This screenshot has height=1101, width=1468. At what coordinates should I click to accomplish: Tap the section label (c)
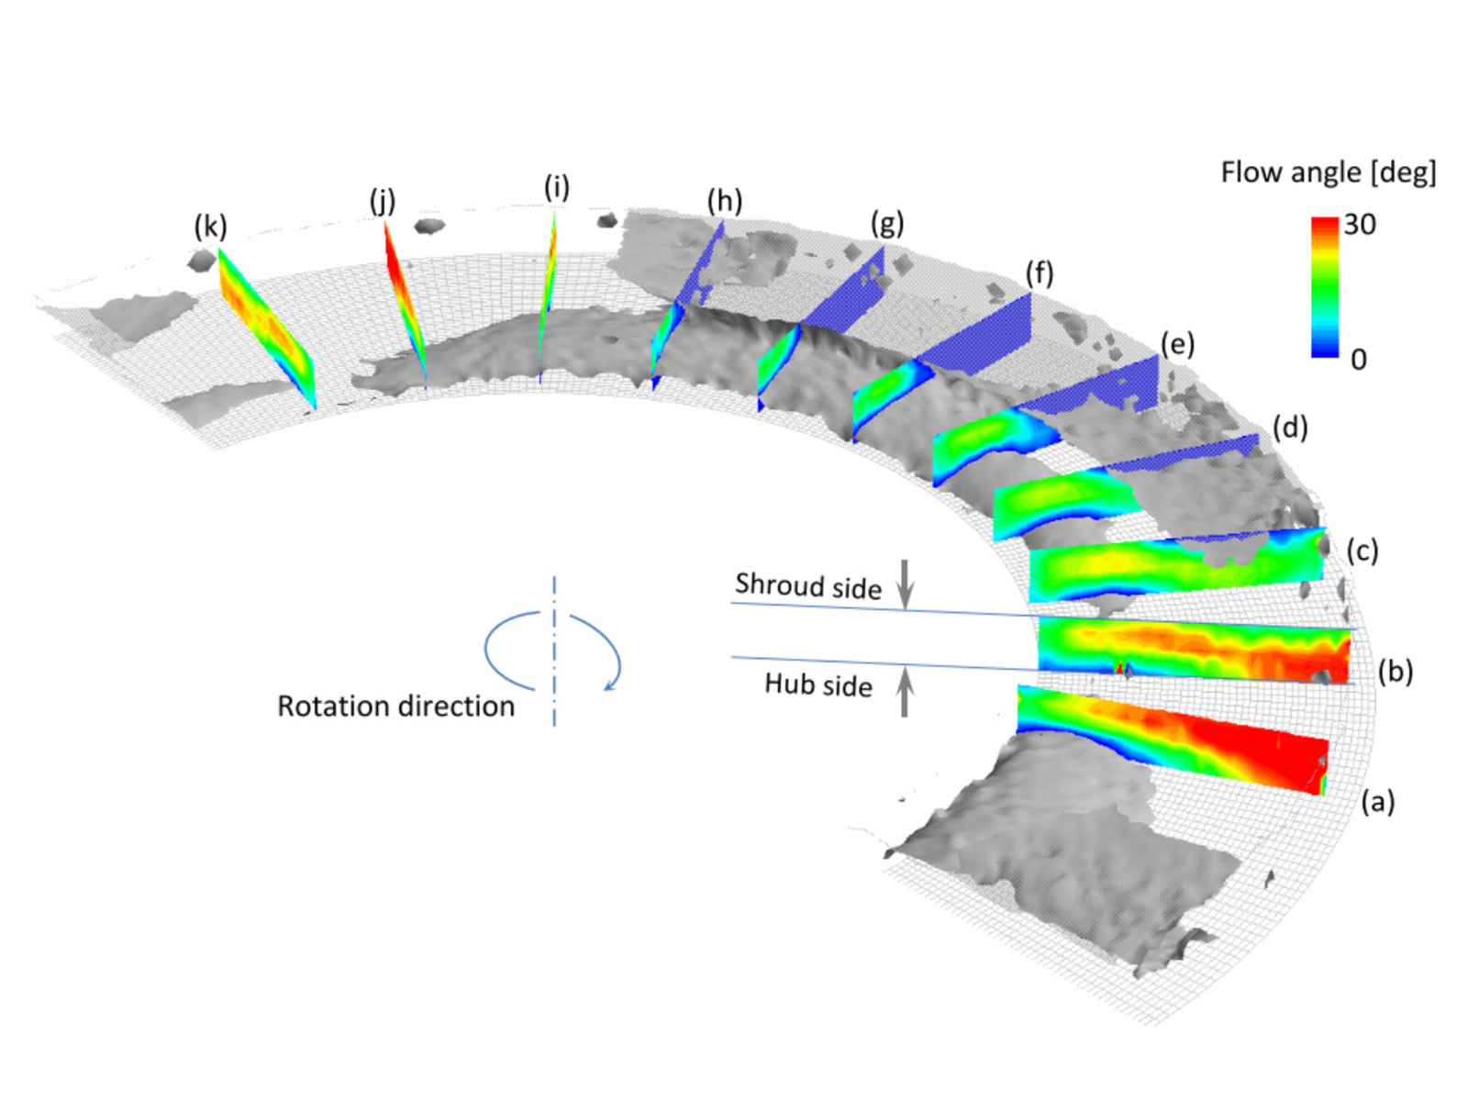point(1362,550)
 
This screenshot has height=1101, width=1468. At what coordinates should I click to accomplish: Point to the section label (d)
point(1290,427)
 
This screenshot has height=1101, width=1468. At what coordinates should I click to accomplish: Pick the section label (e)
point(1177,344)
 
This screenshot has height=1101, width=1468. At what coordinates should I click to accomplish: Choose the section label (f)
point(1040,272)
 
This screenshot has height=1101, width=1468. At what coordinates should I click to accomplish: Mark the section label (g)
point(887,222)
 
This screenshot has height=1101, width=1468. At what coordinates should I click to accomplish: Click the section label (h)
point(724,200)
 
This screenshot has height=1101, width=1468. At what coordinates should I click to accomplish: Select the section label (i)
point(556,187)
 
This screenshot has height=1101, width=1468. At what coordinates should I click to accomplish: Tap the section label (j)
point(383,200)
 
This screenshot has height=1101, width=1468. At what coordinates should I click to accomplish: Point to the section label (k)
point(210,226)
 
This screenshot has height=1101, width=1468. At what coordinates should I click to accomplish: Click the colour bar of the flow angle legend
point(1324,286)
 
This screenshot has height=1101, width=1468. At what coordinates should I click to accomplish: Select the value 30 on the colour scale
point(1360,224)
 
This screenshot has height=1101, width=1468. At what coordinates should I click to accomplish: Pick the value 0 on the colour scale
point(1358,359)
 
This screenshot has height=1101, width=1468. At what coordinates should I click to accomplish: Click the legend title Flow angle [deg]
point(1328,172)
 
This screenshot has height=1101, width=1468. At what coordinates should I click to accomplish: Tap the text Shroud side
point(807,585)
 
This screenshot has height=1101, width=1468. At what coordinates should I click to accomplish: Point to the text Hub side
point(817,684)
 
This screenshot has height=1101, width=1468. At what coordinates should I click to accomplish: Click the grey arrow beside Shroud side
point(905,584)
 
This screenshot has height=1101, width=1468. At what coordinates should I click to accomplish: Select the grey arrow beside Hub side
point(905,691)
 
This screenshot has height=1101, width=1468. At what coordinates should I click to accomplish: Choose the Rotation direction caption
point(395,706)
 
